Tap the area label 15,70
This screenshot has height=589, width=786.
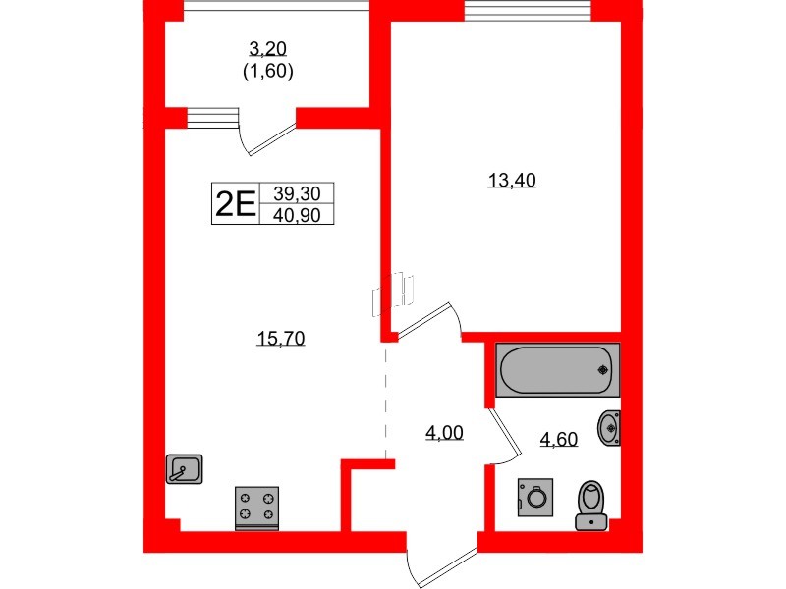(282, 339)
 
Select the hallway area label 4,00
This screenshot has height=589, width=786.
(444, 431)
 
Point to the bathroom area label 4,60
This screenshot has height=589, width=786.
(557, 439)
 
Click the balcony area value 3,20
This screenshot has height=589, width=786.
(268, 48)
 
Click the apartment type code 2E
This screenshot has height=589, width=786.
(235, 204)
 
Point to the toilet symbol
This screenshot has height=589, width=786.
(591, 505)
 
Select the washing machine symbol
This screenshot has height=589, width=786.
(535, 497)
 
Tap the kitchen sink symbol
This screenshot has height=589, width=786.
(184, 469)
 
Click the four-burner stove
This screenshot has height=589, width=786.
(257, 508)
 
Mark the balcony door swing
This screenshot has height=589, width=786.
(267, 136)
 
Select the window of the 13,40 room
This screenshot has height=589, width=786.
(528, 13)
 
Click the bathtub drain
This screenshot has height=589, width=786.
(602, 371)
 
